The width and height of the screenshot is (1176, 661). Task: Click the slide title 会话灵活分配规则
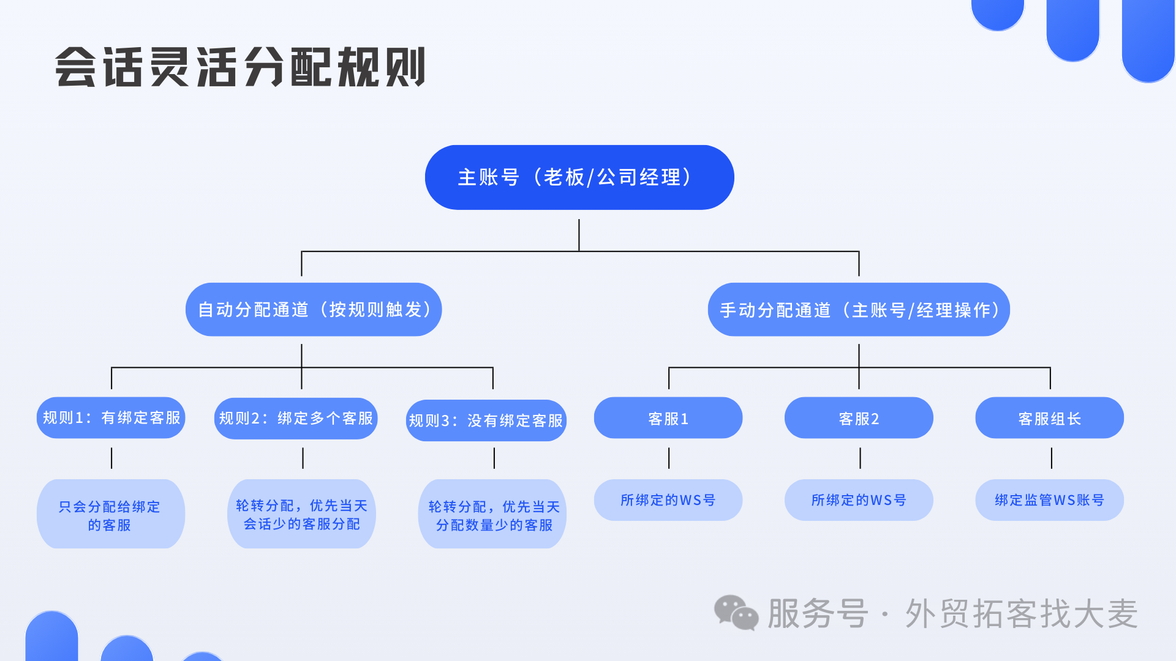240,67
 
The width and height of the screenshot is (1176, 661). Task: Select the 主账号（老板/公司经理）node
579,177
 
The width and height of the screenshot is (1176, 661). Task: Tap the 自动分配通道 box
314,309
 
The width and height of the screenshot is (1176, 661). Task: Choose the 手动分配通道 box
859,309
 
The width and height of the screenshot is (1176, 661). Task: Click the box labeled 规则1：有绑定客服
111,417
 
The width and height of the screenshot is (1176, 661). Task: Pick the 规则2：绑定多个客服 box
296,418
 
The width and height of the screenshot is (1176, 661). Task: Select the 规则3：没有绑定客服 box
486,420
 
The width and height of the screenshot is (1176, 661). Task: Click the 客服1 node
668,417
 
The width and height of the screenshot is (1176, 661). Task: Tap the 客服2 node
859,417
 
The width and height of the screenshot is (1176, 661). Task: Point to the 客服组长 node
1050,417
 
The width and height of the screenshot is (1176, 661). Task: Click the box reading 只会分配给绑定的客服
111,513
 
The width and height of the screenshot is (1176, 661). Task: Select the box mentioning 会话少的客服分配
301,513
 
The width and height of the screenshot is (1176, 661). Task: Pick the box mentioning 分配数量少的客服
492,513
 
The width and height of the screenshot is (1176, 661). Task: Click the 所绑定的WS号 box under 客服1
668,500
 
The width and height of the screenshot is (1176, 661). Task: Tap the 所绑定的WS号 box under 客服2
859,500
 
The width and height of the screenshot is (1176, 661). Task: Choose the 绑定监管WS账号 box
1050,500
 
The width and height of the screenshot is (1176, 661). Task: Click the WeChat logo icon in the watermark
736,613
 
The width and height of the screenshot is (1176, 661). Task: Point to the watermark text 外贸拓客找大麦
1022,613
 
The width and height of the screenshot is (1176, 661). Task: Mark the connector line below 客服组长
1052,458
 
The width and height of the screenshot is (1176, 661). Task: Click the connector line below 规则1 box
111,458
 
